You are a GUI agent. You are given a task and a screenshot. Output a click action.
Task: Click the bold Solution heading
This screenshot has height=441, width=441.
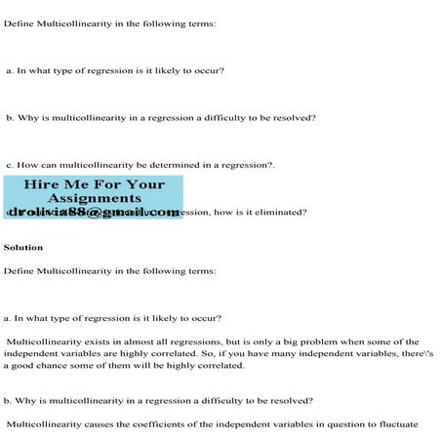tap(23, 248)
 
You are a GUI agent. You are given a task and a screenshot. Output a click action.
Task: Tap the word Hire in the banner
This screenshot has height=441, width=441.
tap(41, 185)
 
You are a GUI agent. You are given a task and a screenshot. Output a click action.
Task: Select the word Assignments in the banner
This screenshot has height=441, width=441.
tap(95, 198)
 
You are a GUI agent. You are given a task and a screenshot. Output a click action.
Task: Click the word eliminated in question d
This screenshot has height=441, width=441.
tap(284, 212)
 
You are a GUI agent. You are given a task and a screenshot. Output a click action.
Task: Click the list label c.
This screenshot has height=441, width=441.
tap(8, 165)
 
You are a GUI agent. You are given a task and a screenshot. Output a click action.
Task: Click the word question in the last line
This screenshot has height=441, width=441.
tap(341, 424)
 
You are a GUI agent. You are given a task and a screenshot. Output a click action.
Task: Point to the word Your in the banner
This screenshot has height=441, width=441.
tap(146, 185)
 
